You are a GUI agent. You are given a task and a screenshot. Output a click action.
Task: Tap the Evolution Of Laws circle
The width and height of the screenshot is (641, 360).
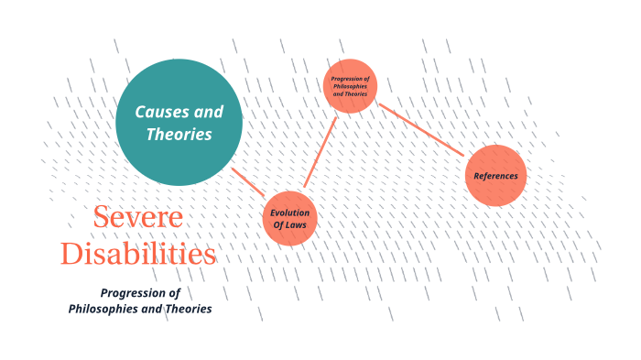(x=289, y=219)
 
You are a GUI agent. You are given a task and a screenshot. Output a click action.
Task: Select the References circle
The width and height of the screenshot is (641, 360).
(x=495, y=175)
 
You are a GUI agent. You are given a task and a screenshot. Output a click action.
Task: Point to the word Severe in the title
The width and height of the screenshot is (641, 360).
(x=138, y=218)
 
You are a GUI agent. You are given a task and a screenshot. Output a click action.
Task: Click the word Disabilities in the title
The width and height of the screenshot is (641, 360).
(x=138, y=253)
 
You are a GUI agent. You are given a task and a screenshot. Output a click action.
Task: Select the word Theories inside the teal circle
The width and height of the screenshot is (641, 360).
(x=179, y=135)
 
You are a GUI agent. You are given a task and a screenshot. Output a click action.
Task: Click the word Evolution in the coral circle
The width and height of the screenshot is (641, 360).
(x=289, y=213)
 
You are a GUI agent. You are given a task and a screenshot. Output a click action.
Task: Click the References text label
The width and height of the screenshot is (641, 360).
(x=495, y=176)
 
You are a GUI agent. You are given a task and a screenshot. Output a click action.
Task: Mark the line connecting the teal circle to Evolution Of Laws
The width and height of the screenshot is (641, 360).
(x=248, y=182)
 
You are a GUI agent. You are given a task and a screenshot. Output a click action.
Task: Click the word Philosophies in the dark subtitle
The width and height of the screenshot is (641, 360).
(x=103, y=309)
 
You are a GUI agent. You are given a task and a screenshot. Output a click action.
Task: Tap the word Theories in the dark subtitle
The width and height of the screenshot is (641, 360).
(x=189, y=309)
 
